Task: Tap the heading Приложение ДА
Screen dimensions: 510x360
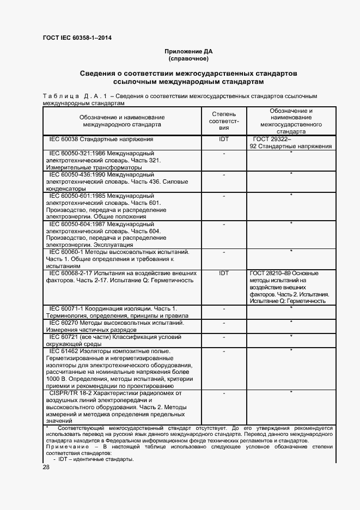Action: pos(188,51)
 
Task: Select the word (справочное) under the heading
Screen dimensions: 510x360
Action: pos(188,58)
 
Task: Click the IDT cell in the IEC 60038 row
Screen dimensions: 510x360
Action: pos(223,139)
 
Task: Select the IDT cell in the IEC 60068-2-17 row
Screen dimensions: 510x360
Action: pos(223,273)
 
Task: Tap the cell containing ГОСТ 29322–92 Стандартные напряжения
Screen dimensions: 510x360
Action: pos(291,143)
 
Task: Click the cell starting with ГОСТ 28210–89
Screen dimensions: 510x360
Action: pos(291,287)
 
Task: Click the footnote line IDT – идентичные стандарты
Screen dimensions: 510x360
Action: pos(96,459)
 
